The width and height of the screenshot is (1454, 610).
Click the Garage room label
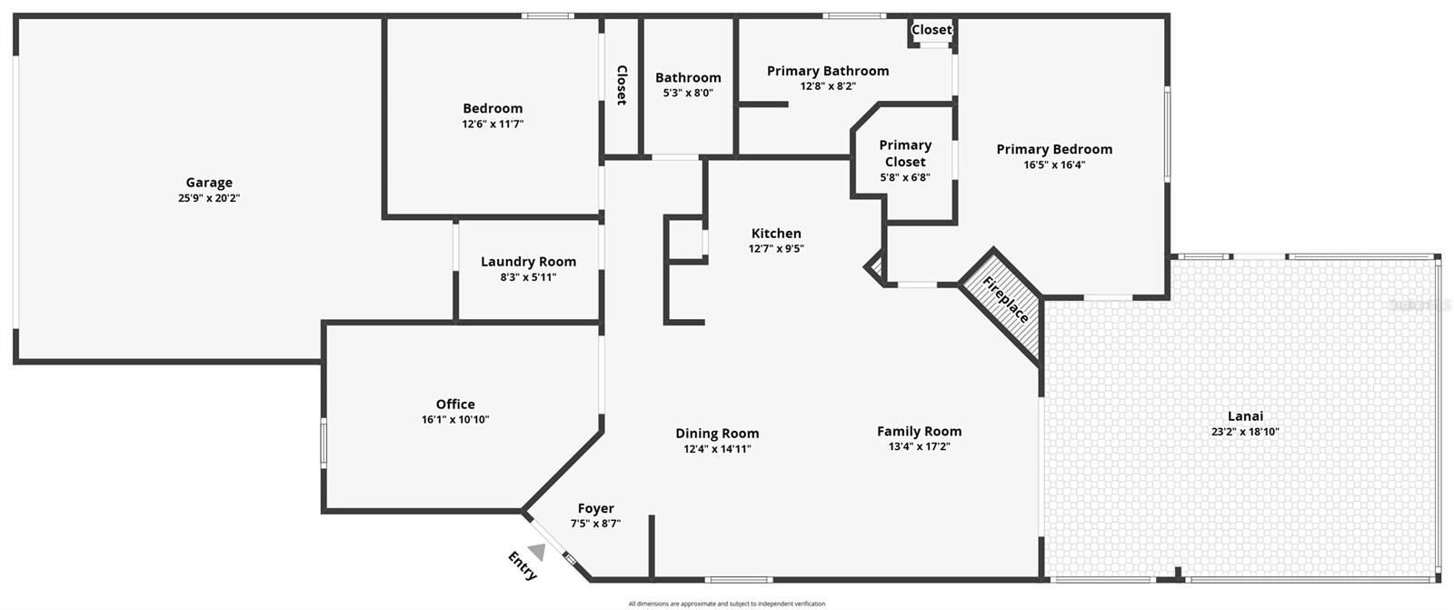pyautogui.click(x=209, y=183)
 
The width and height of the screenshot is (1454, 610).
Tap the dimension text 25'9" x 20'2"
pyautogui.click(x=209, y=198)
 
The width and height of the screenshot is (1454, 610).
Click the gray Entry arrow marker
pyautogui.click(x=537, y=551)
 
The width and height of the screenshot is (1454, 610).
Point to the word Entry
pyautogui.click(x=523, y=566)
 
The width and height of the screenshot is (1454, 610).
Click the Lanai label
pyautogui.click(x=1245, y=416)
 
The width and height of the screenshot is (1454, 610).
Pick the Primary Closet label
pyautogui.click(x=905, y=154)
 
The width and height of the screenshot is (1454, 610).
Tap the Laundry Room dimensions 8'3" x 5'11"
pyautogui.click(x=528, y=277)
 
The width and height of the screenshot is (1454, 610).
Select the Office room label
pyautogui.click(x=455, y=405)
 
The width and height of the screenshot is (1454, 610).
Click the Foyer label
pyautogui.click(x=596, y=509)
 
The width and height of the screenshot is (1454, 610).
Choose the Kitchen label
pyautogui.click(x=776, y=234)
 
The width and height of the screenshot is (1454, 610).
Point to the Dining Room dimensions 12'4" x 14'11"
pyautogui.click(x=717, y=449)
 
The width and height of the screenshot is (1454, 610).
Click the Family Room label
pyautogui.click(x=919, y=432)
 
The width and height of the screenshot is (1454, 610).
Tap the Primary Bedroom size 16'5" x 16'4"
pyautogui.click(x=1054, y=165)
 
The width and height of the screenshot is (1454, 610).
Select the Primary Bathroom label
pyautogui.click(x=828, y=71)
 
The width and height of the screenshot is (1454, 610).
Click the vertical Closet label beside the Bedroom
pyautogui.click(x=622, y=85)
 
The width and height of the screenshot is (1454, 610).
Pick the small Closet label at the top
pyautogui.click(x=931, y=30)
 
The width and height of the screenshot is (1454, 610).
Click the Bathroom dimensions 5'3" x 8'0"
pyautogui.click(x=688, y=93)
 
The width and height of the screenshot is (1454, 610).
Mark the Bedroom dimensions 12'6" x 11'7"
pyautogui.click(x=493, y=125)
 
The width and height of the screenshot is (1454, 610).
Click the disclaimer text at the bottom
pyautogui.click(x=727, y=604)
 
